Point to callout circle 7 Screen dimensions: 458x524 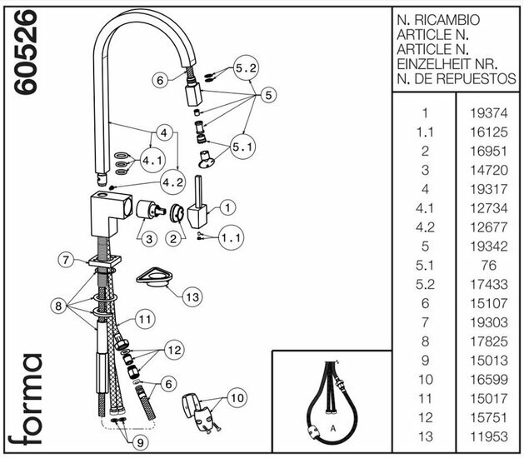point(67,261)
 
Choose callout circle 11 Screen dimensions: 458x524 point(145,318)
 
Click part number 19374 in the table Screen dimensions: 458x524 point(484,112)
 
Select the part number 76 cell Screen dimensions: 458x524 point(484,265)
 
